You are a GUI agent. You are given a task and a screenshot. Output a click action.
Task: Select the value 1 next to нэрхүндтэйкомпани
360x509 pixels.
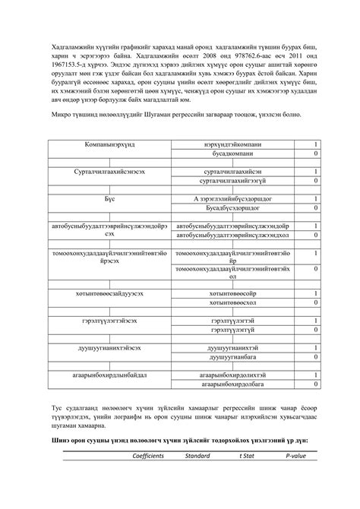(316, 144)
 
